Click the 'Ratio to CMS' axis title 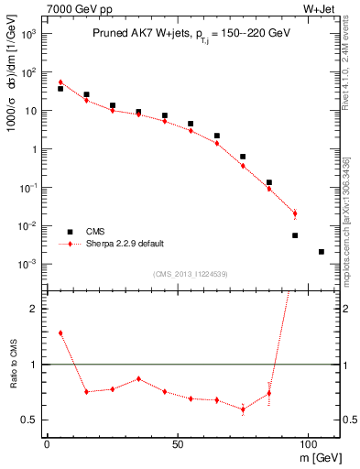point(12,364)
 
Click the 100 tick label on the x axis point(307,442)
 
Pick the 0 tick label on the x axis point(47,442)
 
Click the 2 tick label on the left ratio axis point(32,309)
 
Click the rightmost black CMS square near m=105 point(321,251)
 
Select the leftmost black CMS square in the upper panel point(60,89)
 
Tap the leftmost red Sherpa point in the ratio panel point(60,333)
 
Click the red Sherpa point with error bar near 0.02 point(295,214)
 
